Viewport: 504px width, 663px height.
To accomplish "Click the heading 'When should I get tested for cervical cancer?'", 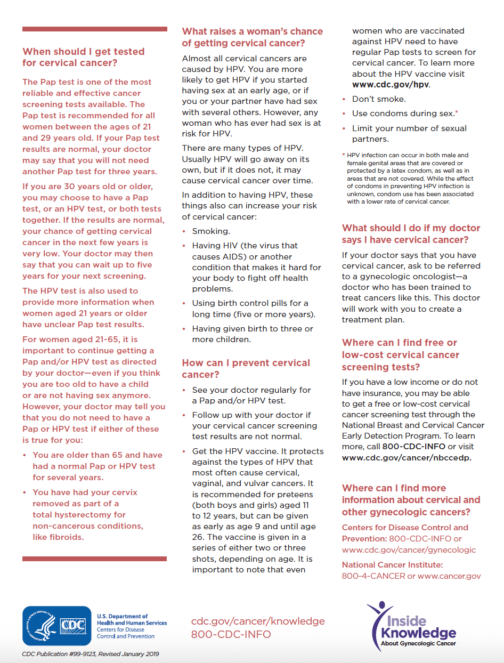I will pos(83,57).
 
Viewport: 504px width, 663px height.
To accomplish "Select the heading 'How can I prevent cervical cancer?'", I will pos(246,368).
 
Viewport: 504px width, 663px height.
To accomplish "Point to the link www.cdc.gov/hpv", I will pos(391,85).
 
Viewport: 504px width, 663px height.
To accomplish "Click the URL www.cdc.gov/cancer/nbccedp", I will pos(407,457).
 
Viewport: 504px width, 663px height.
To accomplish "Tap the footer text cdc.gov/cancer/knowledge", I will pos(258,621).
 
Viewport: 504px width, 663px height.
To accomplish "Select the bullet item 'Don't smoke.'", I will pos(379,99).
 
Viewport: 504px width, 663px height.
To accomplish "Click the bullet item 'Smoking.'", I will pos(211,231).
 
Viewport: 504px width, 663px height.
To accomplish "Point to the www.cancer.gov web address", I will pos(449,576).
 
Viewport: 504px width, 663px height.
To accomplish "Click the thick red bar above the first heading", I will pos(94,29).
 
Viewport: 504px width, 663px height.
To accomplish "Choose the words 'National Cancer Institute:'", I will pos(392,565).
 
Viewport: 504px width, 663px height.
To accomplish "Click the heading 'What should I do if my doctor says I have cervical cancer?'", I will pos(411,234).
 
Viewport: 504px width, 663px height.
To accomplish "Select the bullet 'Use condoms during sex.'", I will pos(403,114).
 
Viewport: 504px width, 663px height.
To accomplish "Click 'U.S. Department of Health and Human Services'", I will pos(132,619).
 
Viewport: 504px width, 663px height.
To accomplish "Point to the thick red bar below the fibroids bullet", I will pos(94,559).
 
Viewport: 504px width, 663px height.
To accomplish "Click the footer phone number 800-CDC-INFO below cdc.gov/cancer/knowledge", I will pos(231,634).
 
